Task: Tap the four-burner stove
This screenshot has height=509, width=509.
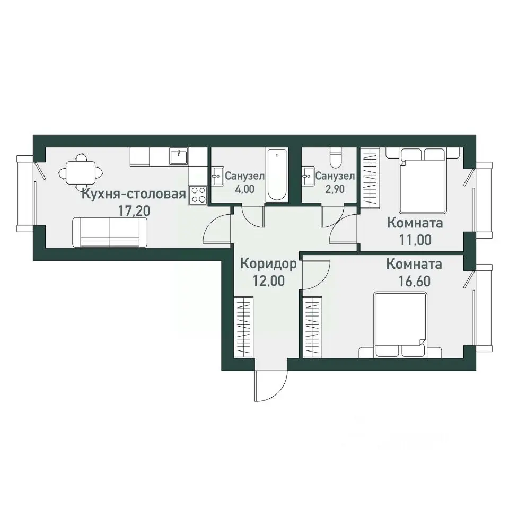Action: [x=198, y=195]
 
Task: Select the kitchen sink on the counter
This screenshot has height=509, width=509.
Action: [x=179, y=156]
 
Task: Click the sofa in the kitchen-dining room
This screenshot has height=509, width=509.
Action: [x=110, y=232]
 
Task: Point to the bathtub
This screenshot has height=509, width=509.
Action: [x=277, y=175]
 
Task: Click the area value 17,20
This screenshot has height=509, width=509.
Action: [x=134, y=212]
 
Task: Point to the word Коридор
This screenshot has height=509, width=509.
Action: [x=268, y=264]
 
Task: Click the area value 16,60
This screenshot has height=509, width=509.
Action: [x=415, y=281]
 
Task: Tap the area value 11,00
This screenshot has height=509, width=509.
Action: [x=415, y=240]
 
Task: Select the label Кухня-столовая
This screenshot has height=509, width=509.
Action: [x=134, y=194]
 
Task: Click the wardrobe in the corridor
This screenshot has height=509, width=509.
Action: [x=243, y=327]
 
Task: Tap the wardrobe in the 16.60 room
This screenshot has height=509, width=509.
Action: [x=312, y=327]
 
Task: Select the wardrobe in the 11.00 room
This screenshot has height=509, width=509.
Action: [x=371, y=178]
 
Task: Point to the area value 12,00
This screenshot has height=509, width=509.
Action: [x=269, y=281]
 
